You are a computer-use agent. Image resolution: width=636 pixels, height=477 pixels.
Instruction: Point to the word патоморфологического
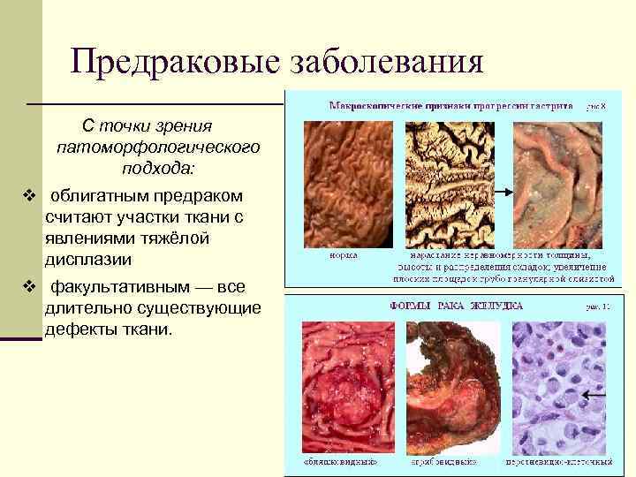coord(157,147)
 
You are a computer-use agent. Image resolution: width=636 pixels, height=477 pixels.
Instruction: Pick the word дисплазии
coord(88,260)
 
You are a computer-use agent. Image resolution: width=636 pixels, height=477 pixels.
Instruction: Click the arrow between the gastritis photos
coord(503,190)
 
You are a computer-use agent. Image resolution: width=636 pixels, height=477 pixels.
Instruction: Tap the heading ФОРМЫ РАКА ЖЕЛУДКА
coord(457,306)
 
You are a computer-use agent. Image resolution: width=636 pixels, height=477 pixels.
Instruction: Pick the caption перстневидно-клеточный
coord(558,461)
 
